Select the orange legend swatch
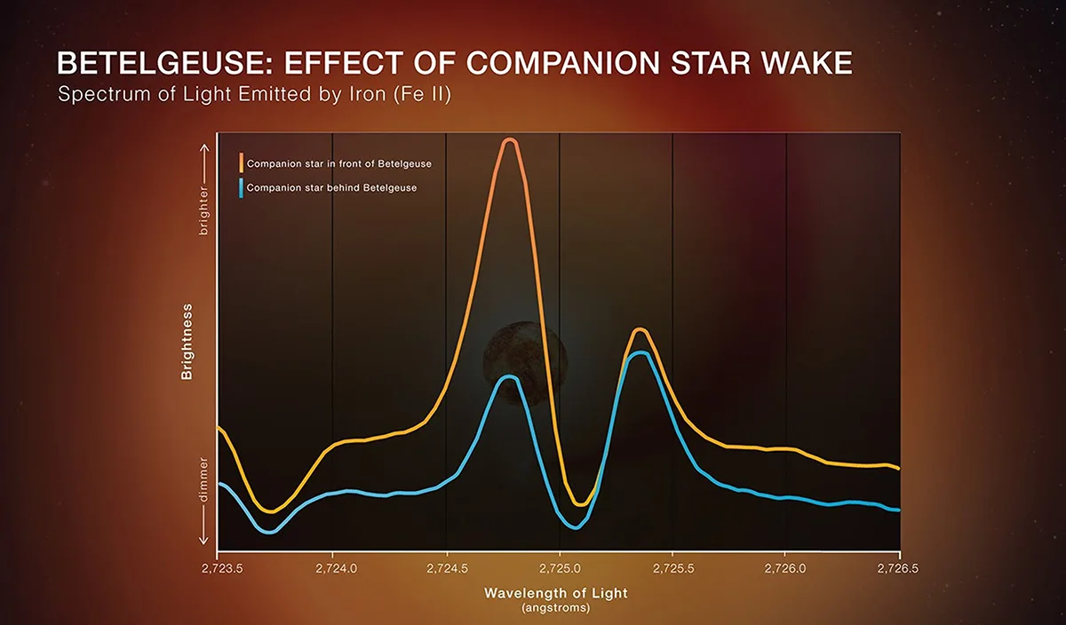[x=241, y=163]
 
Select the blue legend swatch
[x=241, y=187]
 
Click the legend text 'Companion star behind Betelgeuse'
[x=331, y=188]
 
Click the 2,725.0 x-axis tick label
[x=560, y=565]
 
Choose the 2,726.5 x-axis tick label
[x=900, y=565]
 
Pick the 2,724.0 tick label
[x=332, y=565]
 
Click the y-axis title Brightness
[x=187, y=342]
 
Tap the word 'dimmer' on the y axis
[x=203, y=480]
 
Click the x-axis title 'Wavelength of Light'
[x=555, y=592]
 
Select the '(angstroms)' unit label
[x=555, y=609]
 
